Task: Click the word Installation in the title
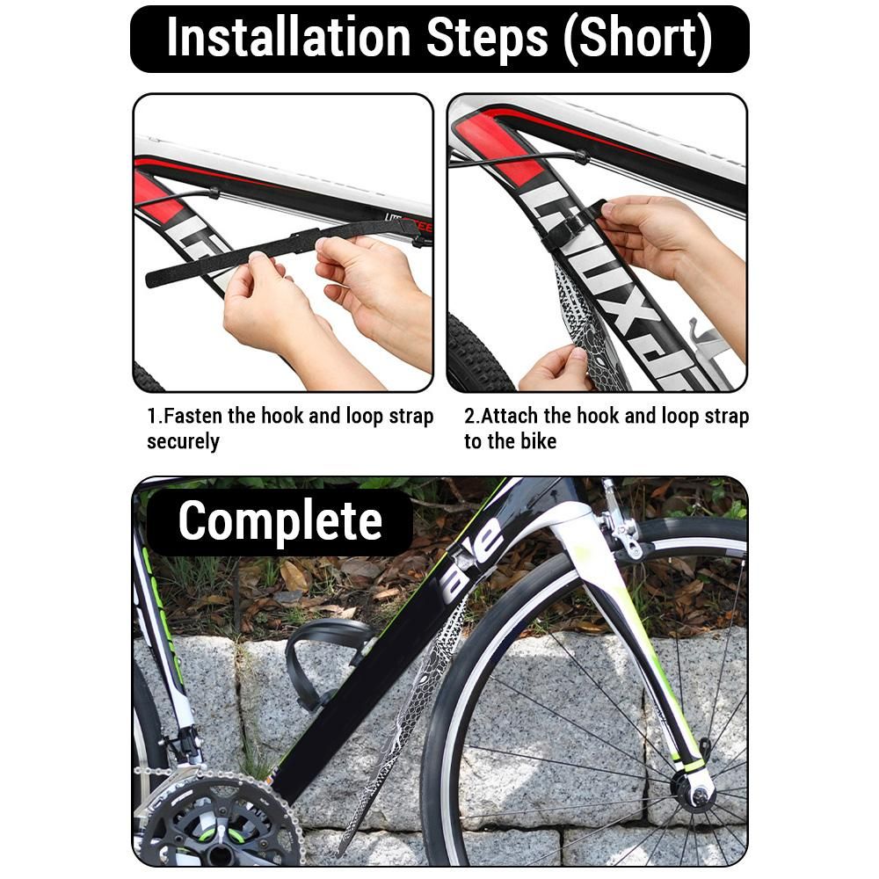click(288, 38)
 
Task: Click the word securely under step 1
click(183, 442)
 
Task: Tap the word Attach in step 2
click(510, 416)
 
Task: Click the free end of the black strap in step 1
click(150, 280)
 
